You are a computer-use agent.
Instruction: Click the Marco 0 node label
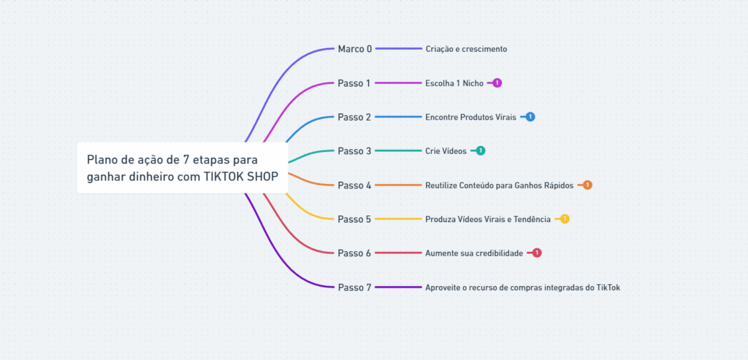coord(354,49)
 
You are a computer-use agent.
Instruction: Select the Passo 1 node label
coord(354,83)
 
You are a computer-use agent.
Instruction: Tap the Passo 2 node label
coord(354,117)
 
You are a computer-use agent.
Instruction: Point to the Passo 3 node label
coord(354,151)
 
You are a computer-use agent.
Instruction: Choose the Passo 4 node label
coord(354,185)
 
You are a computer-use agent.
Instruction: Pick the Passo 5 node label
coord(354,219)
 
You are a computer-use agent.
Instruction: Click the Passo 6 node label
coord(354,253)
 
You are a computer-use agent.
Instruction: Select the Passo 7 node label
coord(354,288)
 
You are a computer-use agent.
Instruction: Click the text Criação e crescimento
coord(466,49)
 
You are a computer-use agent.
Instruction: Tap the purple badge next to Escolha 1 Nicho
coord(497,83)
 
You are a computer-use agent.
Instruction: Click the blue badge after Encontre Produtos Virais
coord(530,117)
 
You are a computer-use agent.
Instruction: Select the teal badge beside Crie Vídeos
coord(480,151)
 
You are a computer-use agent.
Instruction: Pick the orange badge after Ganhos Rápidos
coord(587,185)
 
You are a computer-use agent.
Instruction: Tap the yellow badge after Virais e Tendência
coord(565,219)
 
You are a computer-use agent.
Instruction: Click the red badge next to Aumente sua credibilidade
coord(537,253)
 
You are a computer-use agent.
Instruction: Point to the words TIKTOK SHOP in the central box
coord(240,177)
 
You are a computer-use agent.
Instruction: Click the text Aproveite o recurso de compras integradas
coord(522,288)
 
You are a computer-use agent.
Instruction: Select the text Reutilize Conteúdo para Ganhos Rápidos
coord(499,185)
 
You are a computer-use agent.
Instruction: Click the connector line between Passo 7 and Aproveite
coord(399,288)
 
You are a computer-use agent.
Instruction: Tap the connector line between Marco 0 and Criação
coord(399,49)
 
